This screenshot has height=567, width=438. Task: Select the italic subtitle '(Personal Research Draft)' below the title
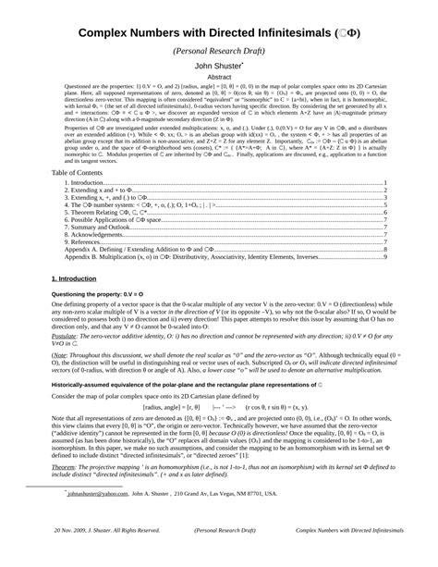[219, 51]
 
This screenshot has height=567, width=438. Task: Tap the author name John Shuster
[218, 67]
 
